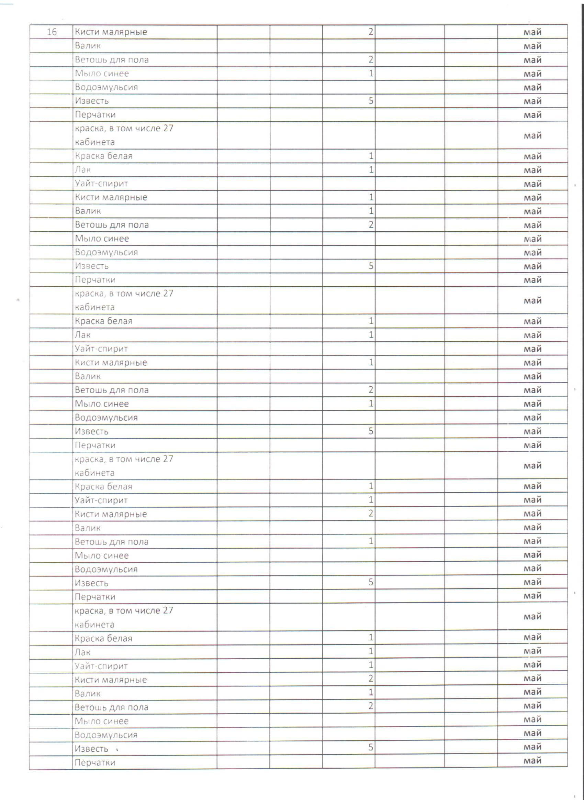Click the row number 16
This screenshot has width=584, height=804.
pyautogui.click(x=52, y=32)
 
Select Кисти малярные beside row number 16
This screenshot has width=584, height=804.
pyautogui.click(x=111, y=32)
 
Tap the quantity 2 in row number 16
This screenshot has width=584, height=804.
pyautogui.click(x=371, y=32)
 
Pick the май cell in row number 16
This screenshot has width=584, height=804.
pyautogui.click(x=532, y=32)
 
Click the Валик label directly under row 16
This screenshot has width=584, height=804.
pyautogui.click(x=88, y=46)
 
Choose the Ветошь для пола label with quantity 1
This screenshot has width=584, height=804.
pyautogui.click(x=111, y=541)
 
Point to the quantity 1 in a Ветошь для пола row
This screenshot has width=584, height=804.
pyautogui.click(x=371, y=541)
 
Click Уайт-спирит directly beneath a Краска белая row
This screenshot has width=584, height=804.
pyautogui.click(x=101, y=500)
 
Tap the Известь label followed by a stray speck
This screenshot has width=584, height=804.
pyautogui.click(x=91, y=748)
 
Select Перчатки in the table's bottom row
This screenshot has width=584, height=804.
pyautogui.click(x=95, y=762)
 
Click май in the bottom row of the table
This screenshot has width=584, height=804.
pyautogui.click(x=532, y=760)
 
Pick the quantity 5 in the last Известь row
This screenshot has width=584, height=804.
pyautogui.click(x=371, y=747)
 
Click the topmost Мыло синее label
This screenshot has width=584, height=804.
pyautogui.click(x=102, y=73)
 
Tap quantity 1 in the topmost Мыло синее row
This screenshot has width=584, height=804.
pyautogui.click(x=371, y=73)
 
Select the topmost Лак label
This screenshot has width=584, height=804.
pyautogui.click(x=82, y=169)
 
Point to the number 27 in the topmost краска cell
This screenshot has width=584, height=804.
pyautogui.click(x=168, y=128)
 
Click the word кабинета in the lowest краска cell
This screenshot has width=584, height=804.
pyautogui.click(x=94, y=624)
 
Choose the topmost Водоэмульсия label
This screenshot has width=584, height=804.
pyautogui.click(x=106, y=87)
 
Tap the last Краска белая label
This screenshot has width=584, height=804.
pyautogui.click(x=103, y=638)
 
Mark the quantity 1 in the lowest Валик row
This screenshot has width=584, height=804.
pyautogui.click(x=371, y=692)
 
